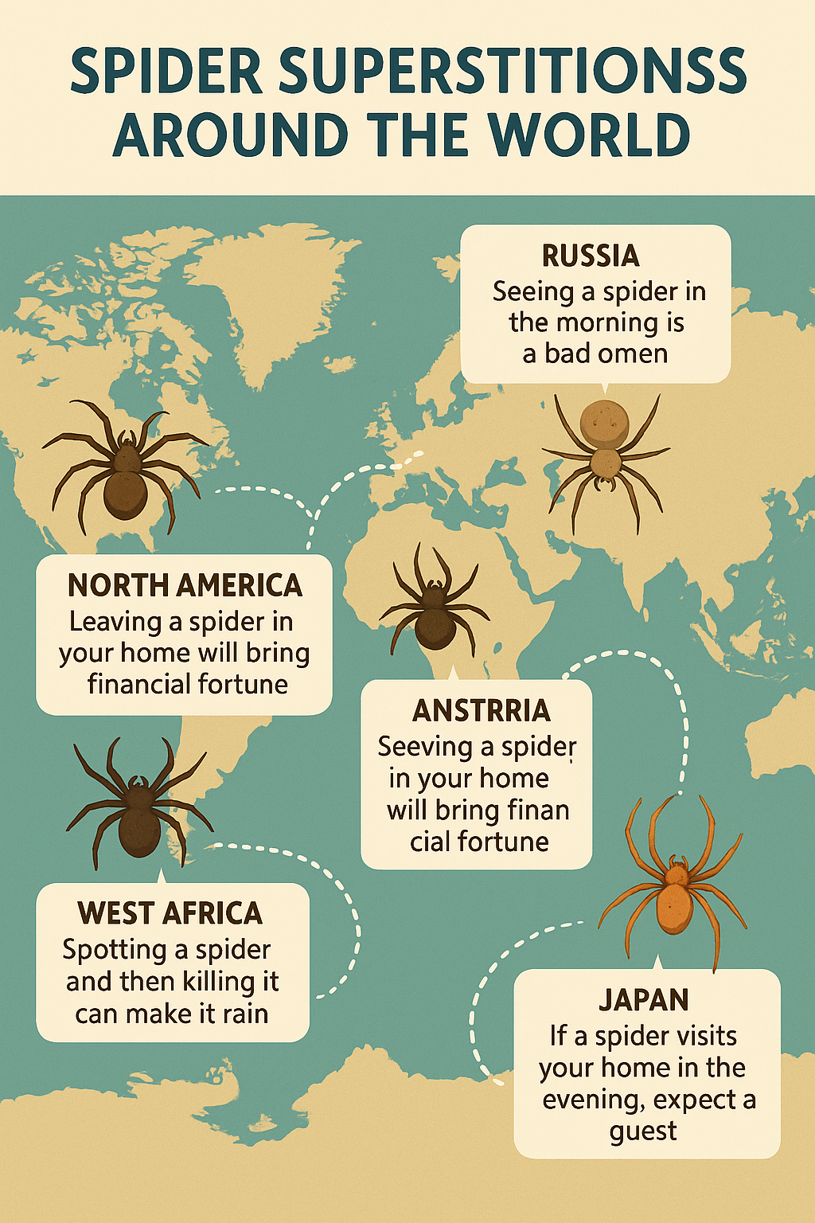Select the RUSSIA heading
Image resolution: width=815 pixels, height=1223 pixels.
pyautogui.click(x=591, y=256)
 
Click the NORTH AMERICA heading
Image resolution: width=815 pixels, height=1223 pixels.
pyautogui.click(x=185, y=586)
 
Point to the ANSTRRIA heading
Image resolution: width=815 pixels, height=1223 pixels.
pyautogui.click(x=481, y=710)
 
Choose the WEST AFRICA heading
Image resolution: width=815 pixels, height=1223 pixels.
pyautogui.click(x=170, y=913)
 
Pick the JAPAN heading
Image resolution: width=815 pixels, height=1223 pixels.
pyautogui.click(x=643, y=1000)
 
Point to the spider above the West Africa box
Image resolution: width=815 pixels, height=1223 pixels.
pyautogui.click(x=139, y=812)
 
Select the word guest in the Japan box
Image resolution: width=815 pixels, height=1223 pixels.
pyautogui.click(x=643, y=1131)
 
